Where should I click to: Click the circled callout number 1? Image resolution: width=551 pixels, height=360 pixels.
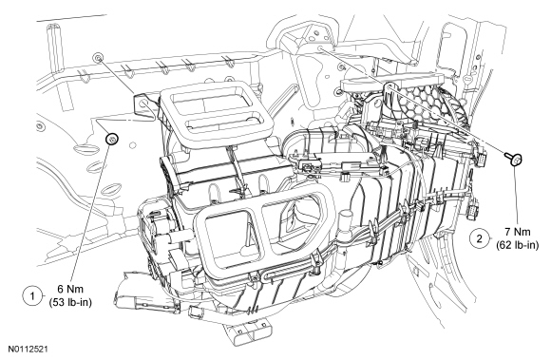click(x=32, y=296)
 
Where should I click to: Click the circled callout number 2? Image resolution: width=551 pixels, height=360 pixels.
click(x=480, y=238)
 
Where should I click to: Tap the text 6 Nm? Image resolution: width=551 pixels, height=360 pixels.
click(x=70, y=289)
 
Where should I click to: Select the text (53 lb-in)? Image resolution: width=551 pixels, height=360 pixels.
click(x=70, y=302)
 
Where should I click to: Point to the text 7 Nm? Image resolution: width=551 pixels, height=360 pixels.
click(x=518, y=232)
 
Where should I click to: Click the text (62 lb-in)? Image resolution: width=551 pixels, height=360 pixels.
click(x=518, y=245)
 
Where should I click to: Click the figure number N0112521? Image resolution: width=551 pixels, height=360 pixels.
click(x=28, y=350)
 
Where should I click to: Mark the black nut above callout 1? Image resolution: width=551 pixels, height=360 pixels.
click(x=112, y=140)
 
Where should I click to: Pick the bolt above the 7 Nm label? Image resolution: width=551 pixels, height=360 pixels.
click(x=514, y=158)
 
